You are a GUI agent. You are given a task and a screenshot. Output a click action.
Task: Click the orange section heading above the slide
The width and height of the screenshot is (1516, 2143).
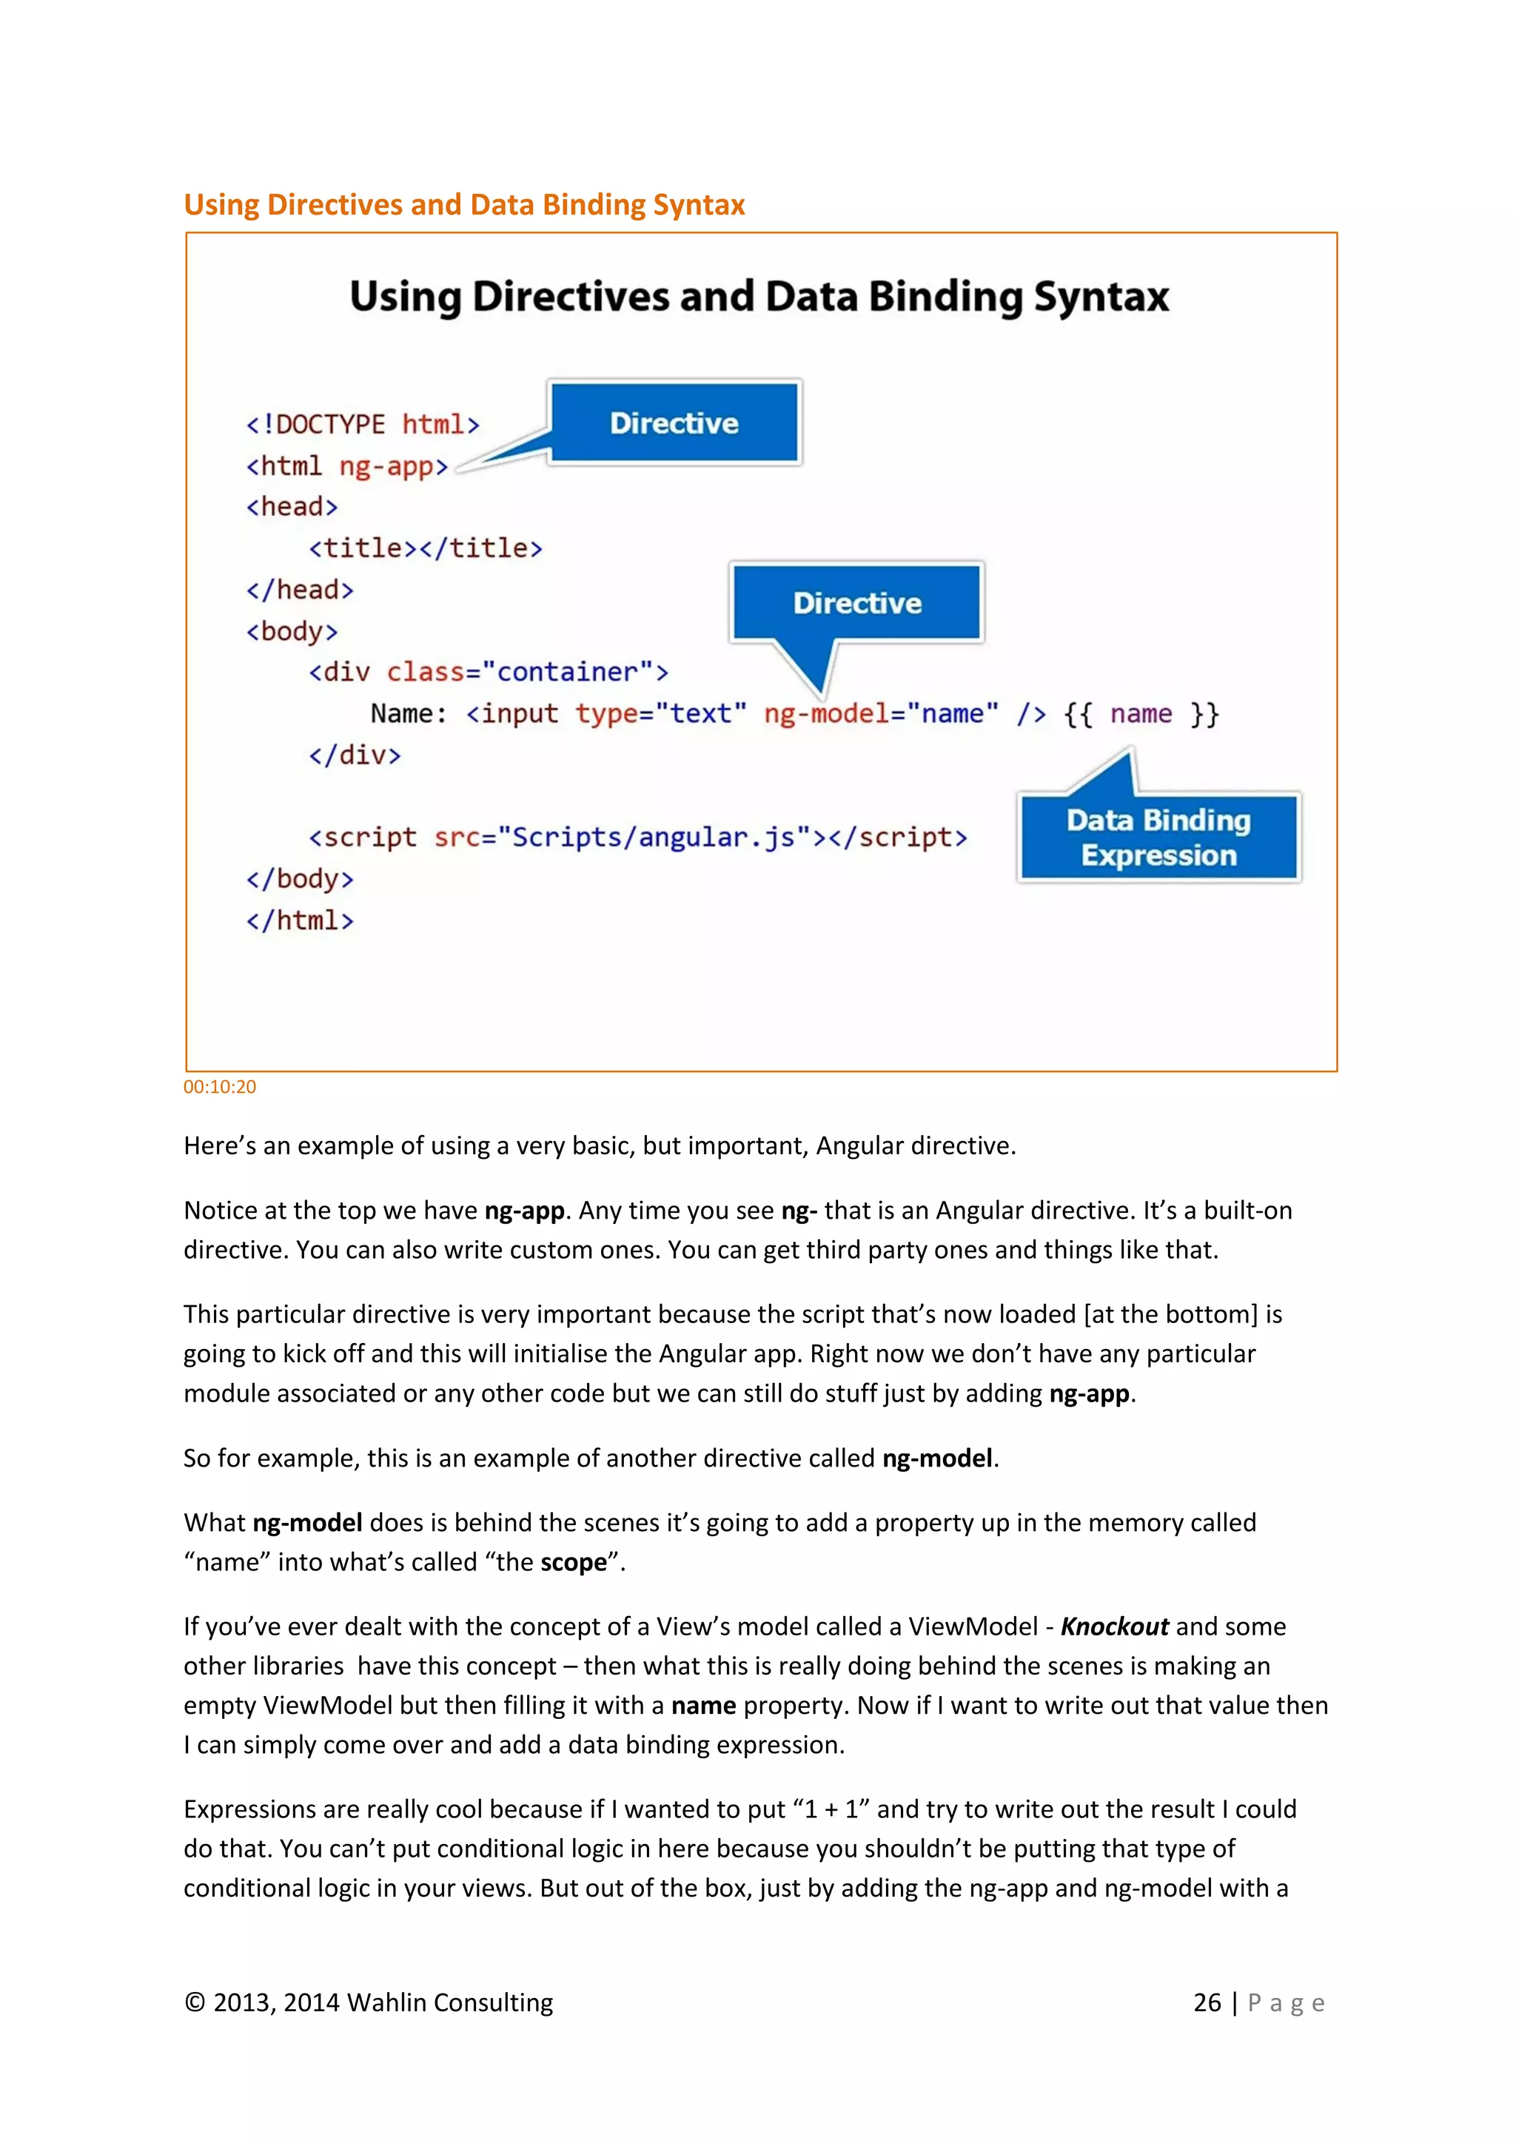point(464,204)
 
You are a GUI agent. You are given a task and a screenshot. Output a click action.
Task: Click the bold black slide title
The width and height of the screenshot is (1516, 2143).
point(759,297)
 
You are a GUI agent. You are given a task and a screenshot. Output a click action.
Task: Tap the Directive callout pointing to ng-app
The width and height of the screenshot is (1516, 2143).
point(674,423)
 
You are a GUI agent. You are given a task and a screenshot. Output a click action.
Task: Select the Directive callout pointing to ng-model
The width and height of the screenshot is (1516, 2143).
point(857,603)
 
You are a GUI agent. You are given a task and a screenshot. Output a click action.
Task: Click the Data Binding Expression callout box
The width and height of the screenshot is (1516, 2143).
point(1158,837)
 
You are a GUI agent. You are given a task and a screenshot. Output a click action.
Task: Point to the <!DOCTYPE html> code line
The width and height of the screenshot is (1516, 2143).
point(362,425)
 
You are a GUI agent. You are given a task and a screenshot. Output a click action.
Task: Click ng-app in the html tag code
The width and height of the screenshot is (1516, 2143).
point(393,465)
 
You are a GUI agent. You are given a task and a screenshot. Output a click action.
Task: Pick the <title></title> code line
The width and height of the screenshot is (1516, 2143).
point(426,548)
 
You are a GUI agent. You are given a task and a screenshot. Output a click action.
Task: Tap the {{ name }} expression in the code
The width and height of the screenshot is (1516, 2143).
point(1141,714)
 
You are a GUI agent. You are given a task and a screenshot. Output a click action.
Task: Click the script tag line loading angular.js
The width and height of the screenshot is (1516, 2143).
point(637,837)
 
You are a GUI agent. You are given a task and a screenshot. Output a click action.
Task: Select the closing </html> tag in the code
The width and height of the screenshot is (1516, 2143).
point(300,921)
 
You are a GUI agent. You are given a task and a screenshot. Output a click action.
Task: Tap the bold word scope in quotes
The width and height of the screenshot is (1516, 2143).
point(573,1562)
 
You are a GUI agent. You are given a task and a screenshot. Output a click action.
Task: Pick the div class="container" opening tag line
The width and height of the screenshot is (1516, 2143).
point(489,672)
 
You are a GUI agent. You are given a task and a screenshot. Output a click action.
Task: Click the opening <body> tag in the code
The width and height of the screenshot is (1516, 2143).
point(291,632)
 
